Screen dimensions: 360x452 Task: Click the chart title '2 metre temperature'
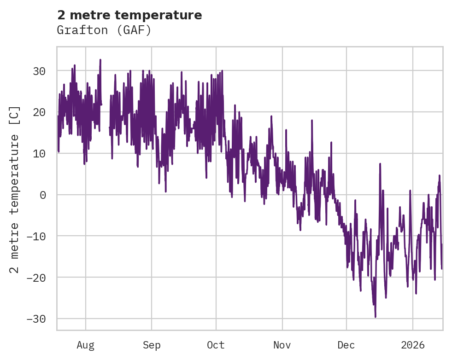tap(129, 15)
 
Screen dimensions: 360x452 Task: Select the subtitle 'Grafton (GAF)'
tap(104, 30)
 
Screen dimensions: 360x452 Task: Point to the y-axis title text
tap(15, 190)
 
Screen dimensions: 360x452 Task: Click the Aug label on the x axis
tap(86, 345)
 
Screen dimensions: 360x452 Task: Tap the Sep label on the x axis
tap(152, 345)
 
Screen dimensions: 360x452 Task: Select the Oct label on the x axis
tap(216, 345)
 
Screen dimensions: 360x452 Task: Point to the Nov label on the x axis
tap(282, 345)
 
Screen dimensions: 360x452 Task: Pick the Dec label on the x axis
tap(346, 345)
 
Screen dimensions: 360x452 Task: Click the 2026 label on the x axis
tap(413, 345)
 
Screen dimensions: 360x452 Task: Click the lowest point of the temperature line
tap(376, 317)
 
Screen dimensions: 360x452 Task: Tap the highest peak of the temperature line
tap(100, 60)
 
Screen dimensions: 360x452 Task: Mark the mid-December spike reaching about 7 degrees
tap(380, 163)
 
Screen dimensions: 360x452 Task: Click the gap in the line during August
tap(106, 120)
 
